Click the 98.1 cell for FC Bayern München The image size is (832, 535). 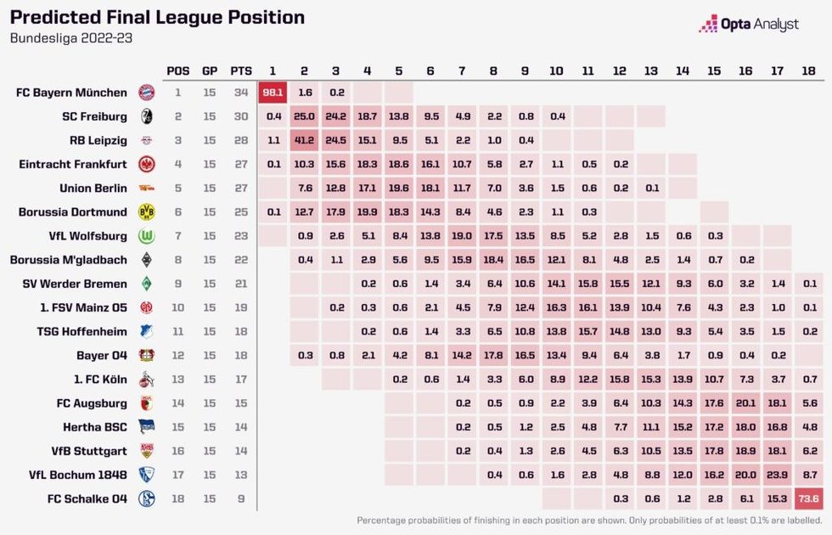(x=273, y=93)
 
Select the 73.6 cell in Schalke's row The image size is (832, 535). (x=809, y=498)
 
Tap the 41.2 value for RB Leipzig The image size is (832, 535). (x=304, y=140)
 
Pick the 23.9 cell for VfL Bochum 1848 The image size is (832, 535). (x=778, y=475)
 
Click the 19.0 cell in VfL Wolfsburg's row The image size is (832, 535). (x=462, y=235)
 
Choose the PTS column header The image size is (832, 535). (x=241, y=70)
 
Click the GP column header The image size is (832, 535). (x=210, y=70)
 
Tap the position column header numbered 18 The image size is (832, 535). (x=809, y=70)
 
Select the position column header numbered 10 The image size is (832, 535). (x=556, y=70)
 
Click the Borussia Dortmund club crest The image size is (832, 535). (x=146, y=211)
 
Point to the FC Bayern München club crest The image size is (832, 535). (x=146, y=93)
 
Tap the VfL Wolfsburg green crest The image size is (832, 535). (x=146, y=235)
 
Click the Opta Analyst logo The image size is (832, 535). (x=748, y=24)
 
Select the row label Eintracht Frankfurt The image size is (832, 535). (x=73, y=164)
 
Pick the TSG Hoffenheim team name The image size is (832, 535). (x=82, y=331)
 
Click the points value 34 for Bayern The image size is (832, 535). (x=241, y=93)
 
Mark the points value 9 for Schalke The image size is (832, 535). (x=241, y=498)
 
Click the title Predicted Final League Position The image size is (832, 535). (x=157, y=18)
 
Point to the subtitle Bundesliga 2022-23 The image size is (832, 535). (x=71, y=38)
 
